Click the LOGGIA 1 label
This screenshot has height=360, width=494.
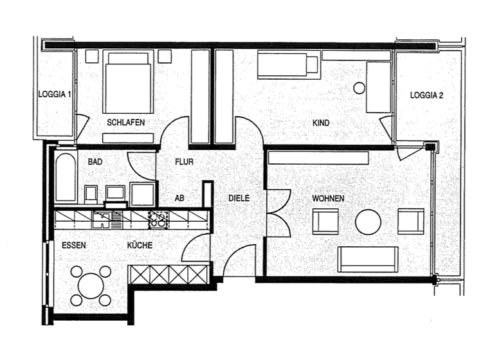click(55, 94)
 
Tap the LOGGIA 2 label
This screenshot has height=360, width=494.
click(427, 95)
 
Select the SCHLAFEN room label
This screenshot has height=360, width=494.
click(125, 122)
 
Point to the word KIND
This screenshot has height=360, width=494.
click(320, 122)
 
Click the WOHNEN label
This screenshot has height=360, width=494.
click(328, 199)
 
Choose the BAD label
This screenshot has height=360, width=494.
click(95, 162)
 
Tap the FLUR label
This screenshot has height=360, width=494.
click(184, 162)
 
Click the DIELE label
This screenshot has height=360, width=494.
click(239, 199)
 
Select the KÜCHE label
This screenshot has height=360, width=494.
click(140, 245)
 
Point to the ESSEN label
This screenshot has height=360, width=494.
click(74, 245)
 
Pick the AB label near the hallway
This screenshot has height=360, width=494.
click(179, 199)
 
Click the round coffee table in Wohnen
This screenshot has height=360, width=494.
click(368, 222)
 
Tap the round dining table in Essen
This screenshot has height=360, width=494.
click(91, 285)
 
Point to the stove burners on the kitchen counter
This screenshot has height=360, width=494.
click(158, 220)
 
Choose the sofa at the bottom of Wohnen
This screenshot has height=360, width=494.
click(368, 258)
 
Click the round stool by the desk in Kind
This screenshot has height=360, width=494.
click(359, 87)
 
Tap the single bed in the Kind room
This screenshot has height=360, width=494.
click(288, 65)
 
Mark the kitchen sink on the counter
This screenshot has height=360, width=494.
click(103, 220)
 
